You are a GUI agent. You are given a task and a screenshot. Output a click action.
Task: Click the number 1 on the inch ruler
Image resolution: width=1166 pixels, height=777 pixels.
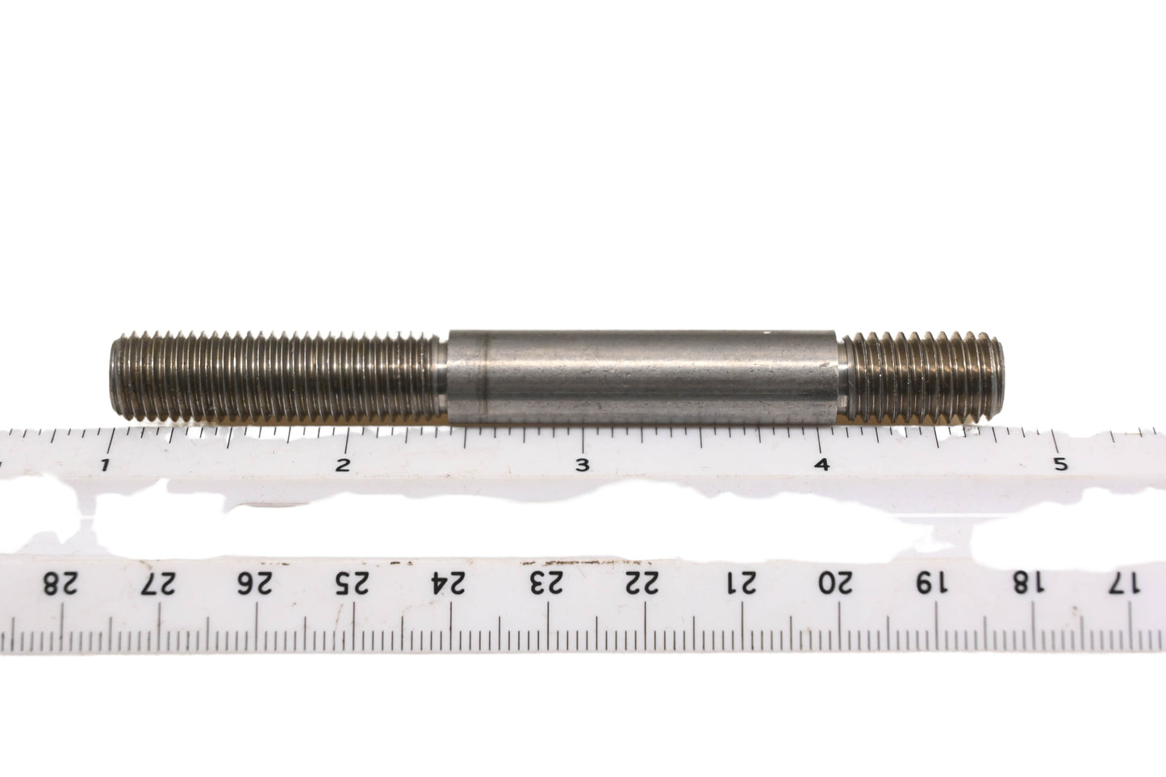click(105, 465)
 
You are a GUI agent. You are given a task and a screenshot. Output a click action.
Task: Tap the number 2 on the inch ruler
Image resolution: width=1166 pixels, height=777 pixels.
click(342, 465)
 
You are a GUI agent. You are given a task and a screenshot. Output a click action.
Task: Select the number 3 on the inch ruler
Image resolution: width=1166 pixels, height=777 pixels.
click(583, 465)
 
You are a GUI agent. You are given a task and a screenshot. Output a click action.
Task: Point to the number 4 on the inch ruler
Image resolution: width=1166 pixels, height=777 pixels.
click(822, 465)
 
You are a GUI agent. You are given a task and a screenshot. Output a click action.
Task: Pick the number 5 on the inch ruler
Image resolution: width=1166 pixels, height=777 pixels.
click(1061, 464)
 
